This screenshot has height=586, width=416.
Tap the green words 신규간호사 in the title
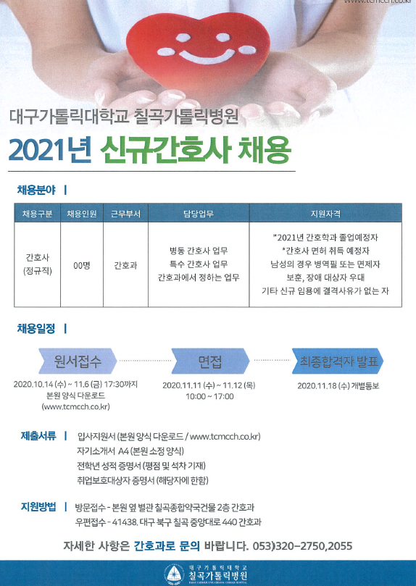click(x=165, y=150)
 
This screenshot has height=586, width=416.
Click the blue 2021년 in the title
click(x=50, y=150)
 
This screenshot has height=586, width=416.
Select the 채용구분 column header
click(x=37, y=214)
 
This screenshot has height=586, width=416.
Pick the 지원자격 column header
click(x=325, y=214)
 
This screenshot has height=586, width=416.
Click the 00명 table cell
click(x=81, y=265)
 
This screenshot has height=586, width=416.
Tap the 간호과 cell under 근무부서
click(x=125, y=265)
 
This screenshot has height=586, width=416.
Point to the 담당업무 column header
click(x=199, y=214)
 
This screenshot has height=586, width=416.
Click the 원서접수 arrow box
click(x=78, y=361)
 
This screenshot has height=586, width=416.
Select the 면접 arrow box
click(x=210, y=361)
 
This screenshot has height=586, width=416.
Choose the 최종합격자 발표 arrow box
click(x=338, y=361)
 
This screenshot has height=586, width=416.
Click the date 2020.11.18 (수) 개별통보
click(x=338, y=385)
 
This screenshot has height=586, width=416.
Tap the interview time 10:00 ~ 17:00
click(x=209, y=396)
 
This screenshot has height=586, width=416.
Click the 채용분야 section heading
click(x=36, y=190)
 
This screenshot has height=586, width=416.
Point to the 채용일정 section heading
click(x=36, y=329)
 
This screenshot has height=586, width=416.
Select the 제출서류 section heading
click(x=38, y=436)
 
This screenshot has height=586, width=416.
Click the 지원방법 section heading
click(x=38, y=507)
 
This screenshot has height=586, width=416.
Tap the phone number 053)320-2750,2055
click(x=302, y=546)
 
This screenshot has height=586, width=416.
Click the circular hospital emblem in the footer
click(x=172, y=573)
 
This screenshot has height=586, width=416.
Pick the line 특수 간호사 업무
click(x=199, y=264)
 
